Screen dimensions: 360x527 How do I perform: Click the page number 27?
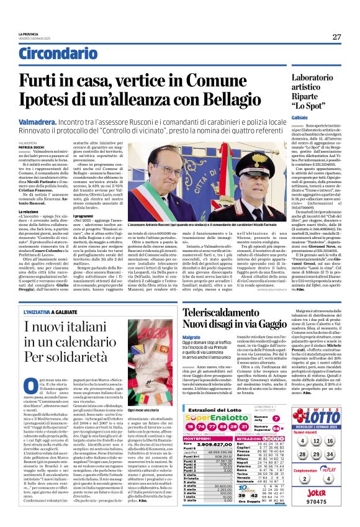[x=336, y=37]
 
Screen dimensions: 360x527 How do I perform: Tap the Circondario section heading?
[x=53, y=55]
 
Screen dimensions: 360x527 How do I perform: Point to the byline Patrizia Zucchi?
[x=29, y=146]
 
